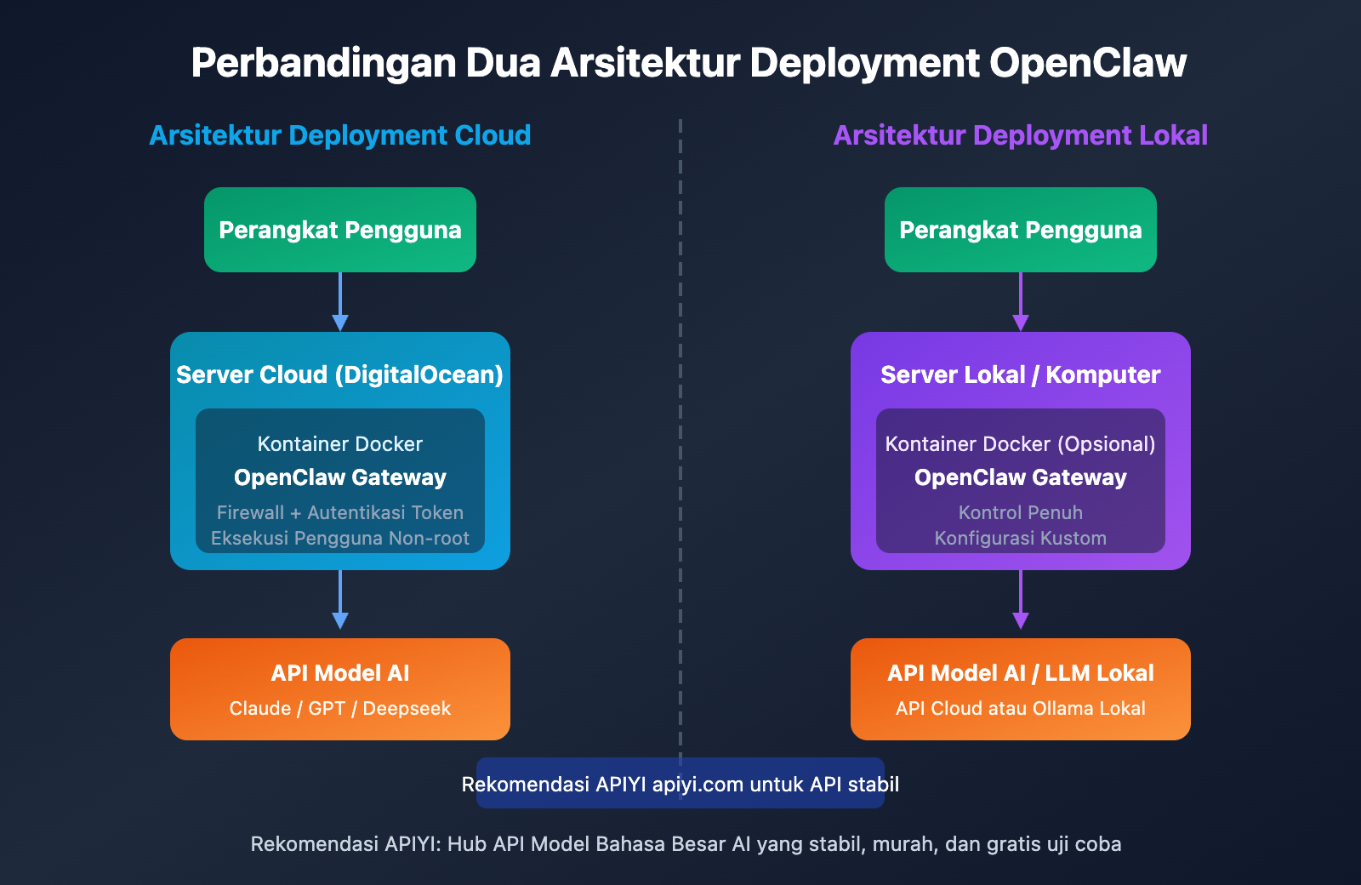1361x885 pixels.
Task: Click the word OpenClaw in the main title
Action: point(1087,63)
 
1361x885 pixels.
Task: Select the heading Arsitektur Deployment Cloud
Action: point(339,135)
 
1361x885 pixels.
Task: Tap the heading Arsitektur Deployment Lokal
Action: point(1020,135)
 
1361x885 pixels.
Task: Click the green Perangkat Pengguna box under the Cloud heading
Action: point(339,230)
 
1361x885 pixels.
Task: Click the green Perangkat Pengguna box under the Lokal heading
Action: point(1020,230)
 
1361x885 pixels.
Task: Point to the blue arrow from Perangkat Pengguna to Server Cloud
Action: point(340,302)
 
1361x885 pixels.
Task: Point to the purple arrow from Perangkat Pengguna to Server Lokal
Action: point(1021,302)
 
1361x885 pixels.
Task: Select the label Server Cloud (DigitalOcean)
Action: point(339,374)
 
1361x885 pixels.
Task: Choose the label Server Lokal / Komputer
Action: point(1020,374)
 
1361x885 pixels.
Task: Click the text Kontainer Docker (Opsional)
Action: point(1020,444)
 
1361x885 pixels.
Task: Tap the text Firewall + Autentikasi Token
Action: point(339,512)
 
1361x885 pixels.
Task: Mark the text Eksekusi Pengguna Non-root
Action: point(339,538)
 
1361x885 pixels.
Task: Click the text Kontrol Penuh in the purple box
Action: point(1020,512)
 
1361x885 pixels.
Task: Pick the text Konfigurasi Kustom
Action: point(1020,538)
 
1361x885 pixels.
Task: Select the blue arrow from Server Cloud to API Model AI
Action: point(340,600)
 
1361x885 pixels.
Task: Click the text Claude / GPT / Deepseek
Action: point(339,708)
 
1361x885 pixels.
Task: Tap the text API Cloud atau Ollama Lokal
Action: point(1020,708)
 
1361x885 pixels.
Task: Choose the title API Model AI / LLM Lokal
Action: point(1020,673)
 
